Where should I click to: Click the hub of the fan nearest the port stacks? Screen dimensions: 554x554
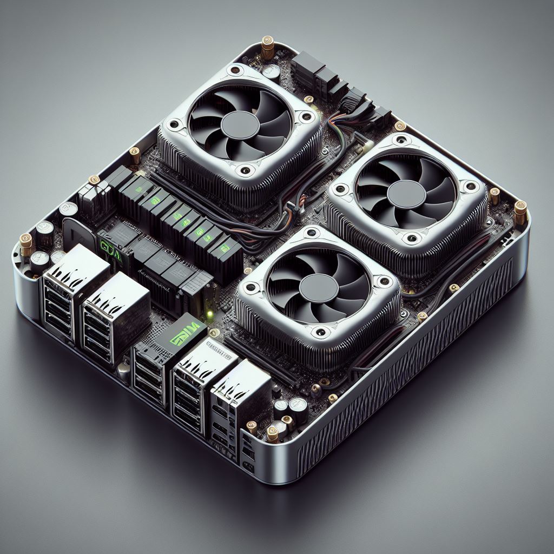[x=318, y=289]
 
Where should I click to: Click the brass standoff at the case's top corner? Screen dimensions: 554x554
[x=267, y=47]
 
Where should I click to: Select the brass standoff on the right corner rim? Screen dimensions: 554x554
[x=520, y=212]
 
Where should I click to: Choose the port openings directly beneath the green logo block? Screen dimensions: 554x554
[x=149, y=376]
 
